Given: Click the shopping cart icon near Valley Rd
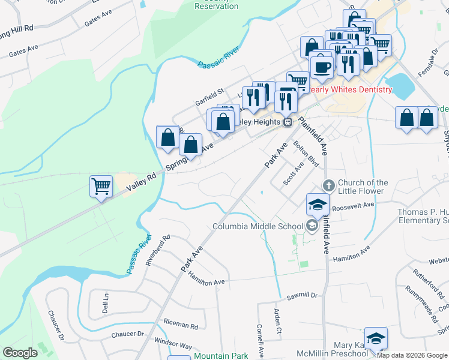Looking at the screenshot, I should point(101,186).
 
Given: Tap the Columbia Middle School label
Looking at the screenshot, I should point(266,226).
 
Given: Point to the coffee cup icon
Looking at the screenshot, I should point(322,66).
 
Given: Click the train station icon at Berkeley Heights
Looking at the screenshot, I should point(288,122).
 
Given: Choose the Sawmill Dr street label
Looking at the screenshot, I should point(301,295).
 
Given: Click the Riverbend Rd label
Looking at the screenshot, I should point(158,250).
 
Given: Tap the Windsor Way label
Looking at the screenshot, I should point(173,346).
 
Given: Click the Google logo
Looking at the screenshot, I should point(20,353).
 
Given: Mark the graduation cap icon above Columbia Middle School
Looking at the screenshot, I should point(318,204).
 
